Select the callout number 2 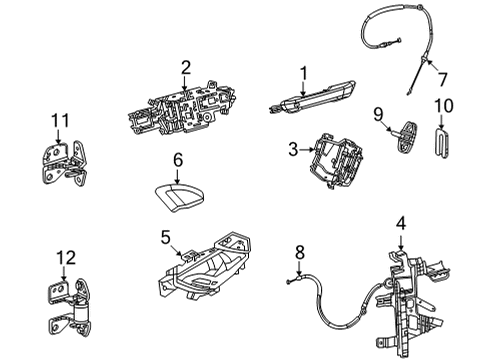pos(185,67)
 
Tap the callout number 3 pos(293,150)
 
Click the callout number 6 pos(177,158)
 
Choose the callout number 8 pos(298,252)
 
